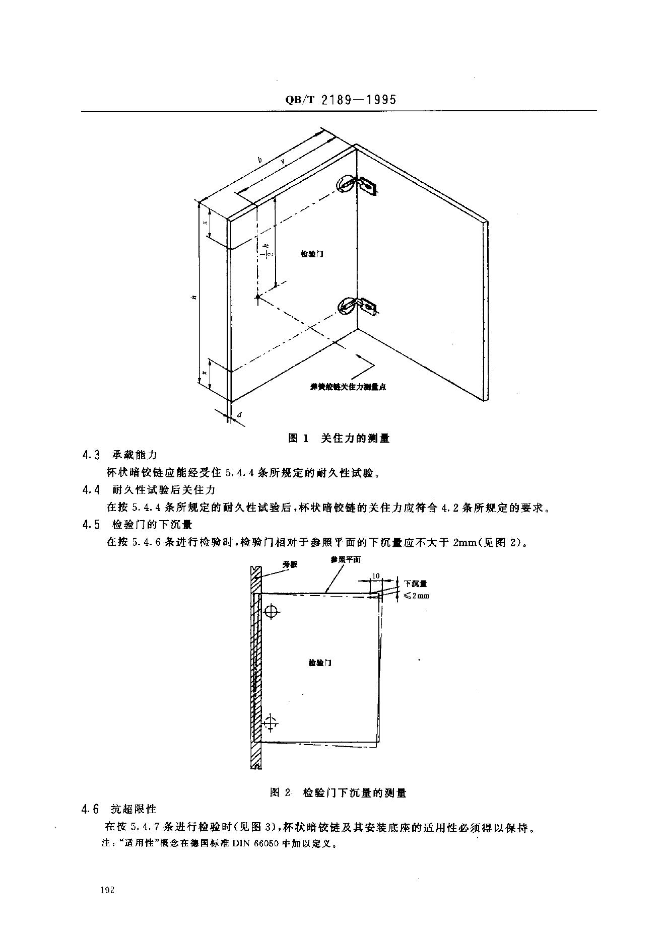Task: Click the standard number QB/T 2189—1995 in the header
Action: [341, 99]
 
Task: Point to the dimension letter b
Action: [260, 160]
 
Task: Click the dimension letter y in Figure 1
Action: [283, 161]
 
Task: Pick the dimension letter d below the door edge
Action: [239, 415]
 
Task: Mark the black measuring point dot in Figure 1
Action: [257, 298]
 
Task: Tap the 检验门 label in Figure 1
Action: [312, 254]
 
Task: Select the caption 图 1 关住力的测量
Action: [339, 438]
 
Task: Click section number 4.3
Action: [91, 455]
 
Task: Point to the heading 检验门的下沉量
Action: [152, 525]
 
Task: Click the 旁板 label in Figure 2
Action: [290, 564]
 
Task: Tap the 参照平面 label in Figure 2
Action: [346, 559]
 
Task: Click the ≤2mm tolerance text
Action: [416, 596]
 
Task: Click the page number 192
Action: [108, 890]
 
